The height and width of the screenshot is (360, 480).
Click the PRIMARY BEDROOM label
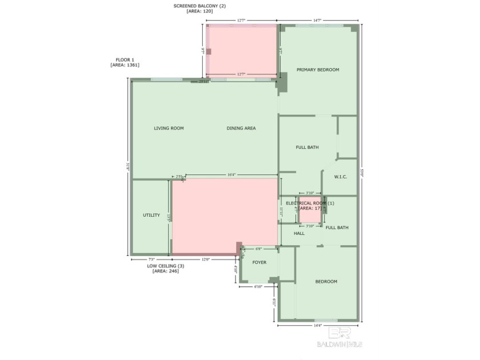[318, 70]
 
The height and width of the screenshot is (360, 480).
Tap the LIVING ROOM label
[169, 129]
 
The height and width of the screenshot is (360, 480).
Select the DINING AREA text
[241, 129]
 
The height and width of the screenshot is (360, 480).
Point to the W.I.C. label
[341, 177]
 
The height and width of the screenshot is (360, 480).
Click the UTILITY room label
[151, 215]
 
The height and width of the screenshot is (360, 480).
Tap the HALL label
[299, 234]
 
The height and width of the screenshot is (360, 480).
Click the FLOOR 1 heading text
[125, 59]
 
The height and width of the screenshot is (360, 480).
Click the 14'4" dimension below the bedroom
[317, 325]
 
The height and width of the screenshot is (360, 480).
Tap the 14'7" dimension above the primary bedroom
[317, 21]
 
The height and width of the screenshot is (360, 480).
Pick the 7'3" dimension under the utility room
[151, 260]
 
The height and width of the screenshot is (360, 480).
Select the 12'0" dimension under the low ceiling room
[205, 260]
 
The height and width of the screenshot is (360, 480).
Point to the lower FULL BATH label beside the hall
[337, 228]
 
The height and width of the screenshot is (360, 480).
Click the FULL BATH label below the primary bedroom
[307, 147]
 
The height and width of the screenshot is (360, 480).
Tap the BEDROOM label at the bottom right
[326, 282]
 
